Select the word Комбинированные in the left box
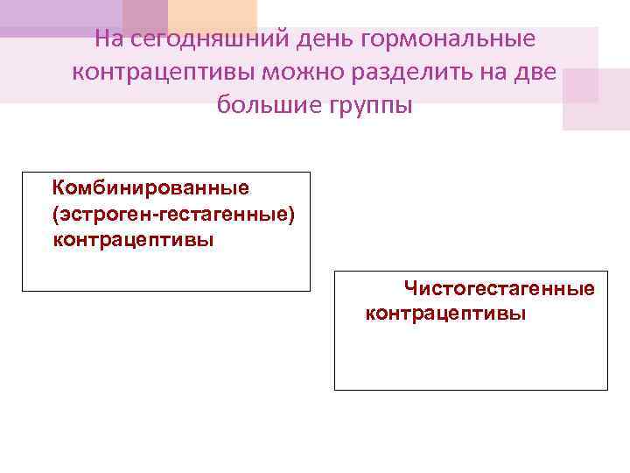click(x=151, y=187)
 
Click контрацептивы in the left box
click(x=133, y=238)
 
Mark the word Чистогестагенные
click(x=499, y=288)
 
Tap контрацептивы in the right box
click(x=445, y=313)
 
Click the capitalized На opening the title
click(x=110, y=40)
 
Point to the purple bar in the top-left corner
click(x=61, y=18)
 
